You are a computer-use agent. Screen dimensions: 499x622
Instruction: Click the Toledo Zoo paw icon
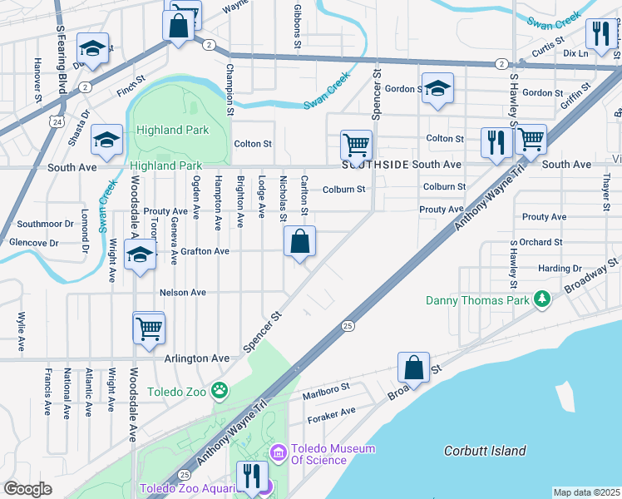click(220, 390)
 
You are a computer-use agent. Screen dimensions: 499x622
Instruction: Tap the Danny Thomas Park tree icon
click(542, 298)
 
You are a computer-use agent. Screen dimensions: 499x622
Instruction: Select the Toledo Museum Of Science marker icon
click(279, 454)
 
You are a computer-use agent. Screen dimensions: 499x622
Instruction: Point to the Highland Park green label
click(173, 130)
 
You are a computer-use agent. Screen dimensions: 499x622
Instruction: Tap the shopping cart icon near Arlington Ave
click(149, 328)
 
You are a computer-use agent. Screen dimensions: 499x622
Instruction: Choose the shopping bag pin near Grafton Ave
click(299, 242)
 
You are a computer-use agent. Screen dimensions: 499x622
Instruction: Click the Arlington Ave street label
click(195, 358)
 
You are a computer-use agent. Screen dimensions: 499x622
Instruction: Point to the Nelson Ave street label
click(182, 293)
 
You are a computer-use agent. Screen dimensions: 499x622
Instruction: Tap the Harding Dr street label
click(560, 269)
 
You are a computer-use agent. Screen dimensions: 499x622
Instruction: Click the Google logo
click(27, 489)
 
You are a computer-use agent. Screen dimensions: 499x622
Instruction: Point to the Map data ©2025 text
click(585, 492)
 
